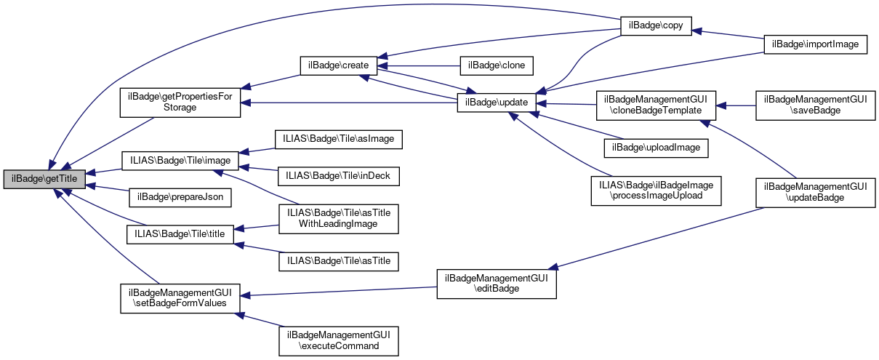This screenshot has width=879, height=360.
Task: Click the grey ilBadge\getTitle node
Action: [45, 177]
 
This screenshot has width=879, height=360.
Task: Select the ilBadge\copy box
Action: [654, 24]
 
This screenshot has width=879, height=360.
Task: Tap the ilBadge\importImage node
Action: [816, 44]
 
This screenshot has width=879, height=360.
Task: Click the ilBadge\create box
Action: [339, 65]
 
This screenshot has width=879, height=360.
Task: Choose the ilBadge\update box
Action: [497, 103]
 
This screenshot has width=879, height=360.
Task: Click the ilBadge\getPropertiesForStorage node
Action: [180, 102]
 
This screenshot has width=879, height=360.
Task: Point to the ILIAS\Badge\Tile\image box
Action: [180, 159]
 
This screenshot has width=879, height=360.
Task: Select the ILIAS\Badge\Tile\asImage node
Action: [337, 138]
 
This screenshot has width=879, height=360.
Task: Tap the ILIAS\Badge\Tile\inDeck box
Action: [337, 175]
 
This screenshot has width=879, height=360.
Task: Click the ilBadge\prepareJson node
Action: [180, 196]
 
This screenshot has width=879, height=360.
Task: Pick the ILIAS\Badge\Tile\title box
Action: [180, 234]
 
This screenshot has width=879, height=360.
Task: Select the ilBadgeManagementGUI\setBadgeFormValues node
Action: [180, 297]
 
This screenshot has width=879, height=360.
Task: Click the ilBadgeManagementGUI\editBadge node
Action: [497, 283]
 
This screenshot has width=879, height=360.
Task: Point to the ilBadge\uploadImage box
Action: [656, 147]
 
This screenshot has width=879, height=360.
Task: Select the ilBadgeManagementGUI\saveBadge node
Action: [811, 105]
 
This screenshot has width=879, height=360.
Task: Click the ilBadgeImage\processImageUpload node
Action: [656, 191]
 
